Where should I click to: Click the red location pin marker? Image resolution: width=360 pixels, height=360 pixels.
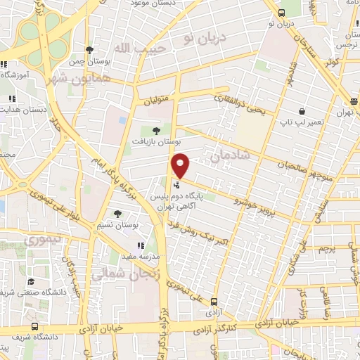[x=181, y=165]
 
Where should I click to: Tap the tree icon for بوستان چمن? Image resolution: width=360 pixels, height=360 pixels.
[x=89, y=49]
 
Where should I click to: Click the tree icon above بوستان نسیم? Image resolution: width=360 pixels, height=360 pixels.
[x=117, y=214]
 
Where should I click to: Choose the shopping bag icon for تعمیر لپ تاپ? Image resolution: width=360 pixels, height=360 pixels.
[x=301, y=111]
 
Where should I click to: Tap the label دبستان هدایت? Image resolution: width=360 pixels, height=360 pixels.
[x=23, y=110]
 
